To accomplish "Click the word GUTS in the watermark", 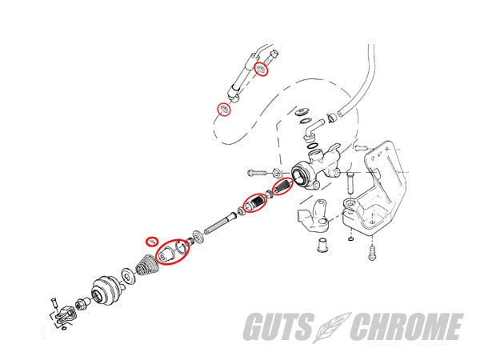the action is (279, 326).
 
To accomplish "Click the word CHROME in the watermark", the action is (406, 326).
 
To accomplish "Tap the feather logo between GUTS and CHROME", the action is (331, 327).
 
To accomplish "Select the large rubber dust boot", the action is (107, 291).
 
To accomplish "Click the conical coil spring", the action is (147, 265).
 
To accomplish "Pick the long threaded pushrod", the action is (219, 224).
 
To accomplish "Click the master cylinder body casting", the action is (315, 167).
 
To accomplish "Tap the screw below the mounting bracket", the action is (373, 253).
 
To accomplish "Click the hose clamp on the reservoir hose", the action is (330, 118).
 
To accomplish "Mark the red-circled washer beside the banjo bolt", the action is (262, 69).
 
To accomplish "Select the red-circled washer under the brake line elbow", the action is (224, 109).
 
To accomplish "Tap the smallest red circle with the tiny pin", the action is (151, 242).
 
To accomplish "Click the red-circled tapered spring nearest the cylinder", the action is (282, 186).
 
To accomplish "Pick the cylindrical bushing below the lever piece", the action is (322, 245).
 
